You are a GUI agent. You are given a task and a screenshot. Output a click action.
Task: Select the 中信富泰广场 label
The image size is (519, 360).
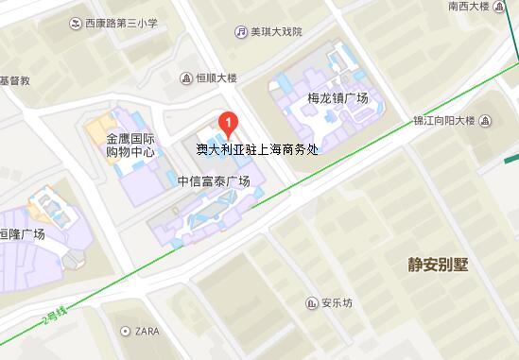click(x=215, y=181)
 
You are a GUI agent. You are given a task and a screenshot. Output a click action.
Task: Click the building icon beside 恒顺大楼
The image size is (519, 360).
click(x=187, y=78)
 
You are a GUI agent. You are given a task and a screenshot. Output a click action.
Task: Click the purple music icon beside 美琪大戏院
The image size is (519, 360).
click(x=241, y=31)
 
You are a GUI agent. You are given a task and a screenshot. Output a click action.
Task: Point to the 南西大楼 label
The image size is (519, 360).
click(x=470, y=6)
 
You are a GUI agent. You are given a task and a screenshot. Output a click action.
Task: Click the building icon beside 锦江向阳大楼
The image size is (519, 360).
click(x=485, y=121)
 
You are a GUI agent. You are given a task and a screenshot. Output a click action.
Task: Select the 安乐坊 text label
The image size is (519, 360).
click(x=337, y=303)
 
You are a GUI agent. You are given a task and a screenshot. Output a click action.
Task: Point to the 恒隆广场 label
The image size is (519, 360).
click(x=23, y=235)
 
